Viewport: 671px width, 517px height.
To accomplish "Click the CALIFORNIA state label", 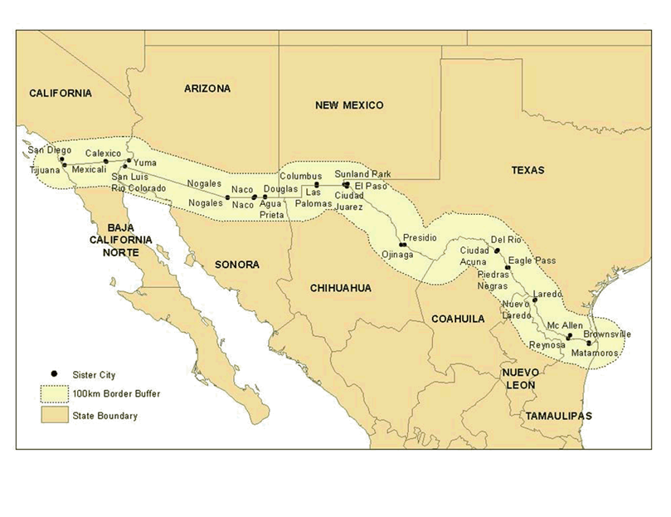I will click(61, 94).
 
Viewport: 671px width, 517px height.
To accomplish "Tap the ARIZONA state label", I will click(207, 89).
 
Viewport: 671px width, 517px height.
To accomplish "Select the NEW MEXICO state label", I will click(349, 105).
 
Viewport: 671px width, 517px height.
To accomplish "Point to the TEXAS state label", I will click(528, 170).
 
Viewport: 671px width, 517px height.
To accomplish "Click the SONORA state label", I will click(237, 265).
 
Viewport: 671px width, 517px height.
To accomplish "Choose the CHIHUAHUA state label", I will click(340, 288).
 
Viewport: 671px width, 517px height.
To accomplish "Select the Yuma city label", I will click(144, 163).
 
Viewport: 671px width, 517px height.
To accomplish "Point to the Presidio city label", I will click(420, 237).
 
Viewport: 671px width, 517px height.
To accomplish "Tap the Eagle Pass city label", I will click(532, 260).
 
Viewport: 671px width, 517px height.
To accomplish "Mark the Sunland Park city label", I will click(362, 174).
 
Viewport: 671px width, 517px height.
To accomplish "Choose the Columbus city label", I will click(300, 176).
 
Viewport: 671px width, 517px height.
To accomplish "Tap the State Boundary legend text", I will click(105, 416).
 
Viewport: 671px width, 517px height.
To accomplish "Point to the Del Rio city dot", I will click(498, 250).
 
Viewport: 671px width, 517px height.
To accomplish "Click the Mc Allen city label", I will click(565, 326).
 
